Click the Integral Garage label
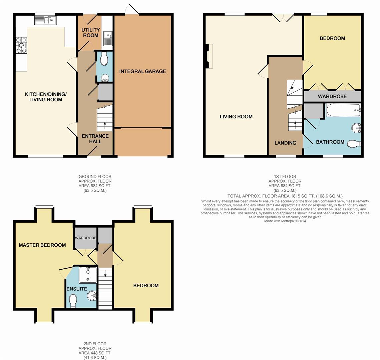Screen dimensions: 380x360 [142, 71]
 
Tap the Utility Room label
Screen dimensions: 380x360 [91, 32]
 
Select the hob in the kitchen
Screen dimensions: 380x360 [21, 45]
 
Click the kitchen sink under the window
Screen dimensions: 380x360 [46, 21]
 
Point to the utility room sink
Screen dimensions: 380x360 [108, 38]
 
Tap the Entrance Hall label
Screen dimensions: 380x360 [95, 138]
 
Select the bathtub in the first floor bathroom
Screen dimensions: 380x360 [343, 110]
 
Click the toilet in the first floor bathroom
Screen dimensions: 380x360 [354, 144]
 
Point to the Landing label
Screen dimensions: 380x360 [285, 143]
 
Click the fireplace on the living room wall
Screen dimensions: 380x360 [209, 56]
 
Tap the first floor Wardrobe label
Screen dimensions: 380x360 [332, 96]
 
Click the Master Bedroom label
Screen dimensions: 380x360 [42, 245]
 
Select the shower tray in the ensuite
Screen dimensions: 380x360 [88, 275]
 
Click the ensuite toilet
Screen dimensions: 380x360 [73, 301]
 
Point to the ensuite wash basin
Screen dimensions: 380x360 [92, 295]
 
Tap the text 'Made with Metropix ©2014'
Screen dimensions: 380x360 [285, 221]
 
